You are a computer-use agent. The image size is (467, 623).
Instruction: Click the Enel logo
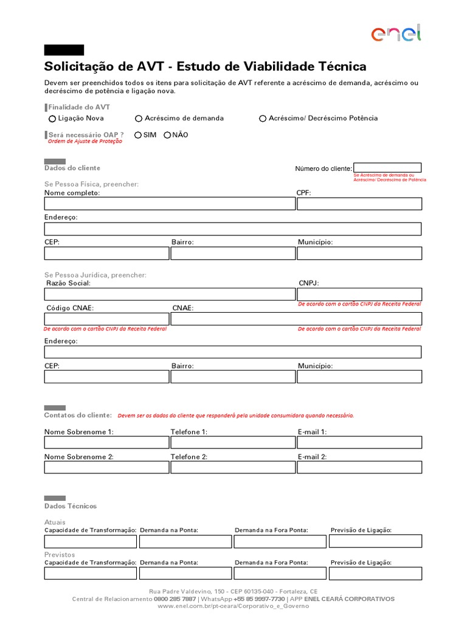pos(395,33)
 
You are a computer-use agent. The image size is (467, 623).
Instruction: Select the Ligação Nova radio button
pos(52,119)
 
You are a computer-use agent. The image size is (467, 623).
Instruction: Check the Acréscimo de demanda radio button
pos(139,119)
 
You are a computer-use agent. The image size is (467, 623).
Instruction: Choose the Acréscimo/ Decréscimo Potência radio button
pos(263,119)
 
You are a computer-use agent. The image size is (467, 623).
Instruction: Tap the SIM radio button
pos(138,135)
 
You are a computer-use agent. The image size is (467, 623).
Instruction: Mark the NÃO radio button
pos(167,135)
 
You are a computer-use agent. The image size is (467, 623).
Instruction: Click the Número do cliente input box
pos(387,168)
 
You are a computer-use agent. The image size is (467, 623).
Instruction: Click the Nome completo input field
pos(170,204)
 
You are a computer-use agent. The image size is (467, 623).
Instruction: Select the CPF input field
pos(359,204)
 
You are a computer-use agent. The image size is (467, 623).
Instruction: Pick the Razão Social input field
pos(170,294)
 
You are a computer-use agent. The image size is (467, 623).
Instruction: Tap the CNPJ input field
pos(359,294)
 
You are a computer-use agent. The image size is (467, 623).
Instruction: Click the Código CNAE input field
pos(106,319)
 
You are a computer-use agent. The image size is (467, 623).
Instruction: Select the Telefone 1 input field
pos(233,442)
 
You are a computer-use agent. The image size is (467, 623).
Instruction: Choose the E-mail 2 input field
pos(359,467)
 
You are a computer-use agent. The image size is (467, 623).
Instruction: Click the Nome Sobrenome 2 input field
pos(106,467)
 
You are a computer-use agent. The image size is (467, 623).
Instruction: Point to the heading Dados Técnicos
pos(71,506)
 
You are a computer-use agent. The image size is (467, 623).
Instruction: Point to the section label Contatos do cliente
pos(78,415)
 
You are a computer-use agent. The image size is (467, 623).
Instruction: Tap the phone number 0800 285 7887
pos(175,599)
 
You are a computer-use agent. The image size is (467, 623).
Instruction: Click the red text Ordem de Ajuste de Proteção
pos(85,141)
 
